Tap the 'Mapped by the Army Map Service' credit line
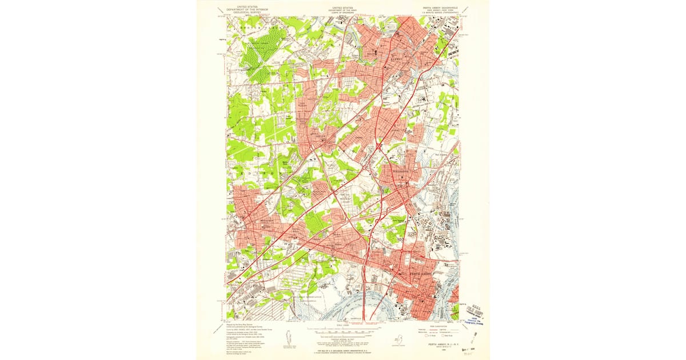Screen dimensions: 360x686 click(x=243, y=325)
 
